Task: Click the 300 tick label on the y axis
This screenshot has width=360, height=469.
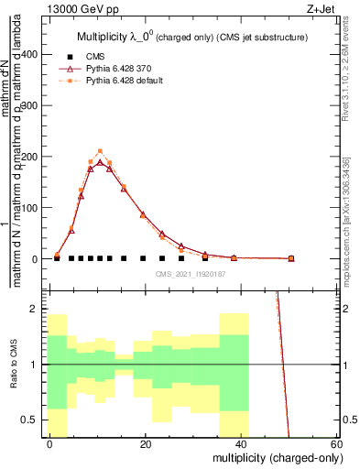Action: click(x=30, y=106)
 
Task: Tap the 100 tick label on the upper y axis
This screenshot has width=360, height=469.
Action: click(x=30, y=208)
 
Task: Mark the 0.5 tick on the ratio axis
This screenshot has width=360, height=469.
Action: click(x=30, y=420)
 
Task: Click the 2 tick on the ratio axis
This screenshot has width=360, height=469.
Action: click(x=36, y=310)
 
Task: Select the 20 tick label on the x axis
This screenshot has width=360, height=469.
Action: click(x=146, y=443)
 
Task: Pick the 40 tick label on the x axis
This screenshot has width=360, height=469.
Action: click(x=241, y=443)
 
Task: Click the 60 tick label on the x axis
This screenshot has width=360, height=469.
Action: click(x=336, y=443)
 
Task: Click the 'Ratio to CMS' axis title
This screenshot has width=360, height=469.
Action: click(x=14, y=365)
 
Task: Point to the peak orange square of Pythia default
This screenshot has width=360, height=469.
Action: click(x=101, y=151)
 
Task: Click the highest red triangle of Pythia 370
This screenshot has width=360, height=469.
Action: click(x=101, y=163)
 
